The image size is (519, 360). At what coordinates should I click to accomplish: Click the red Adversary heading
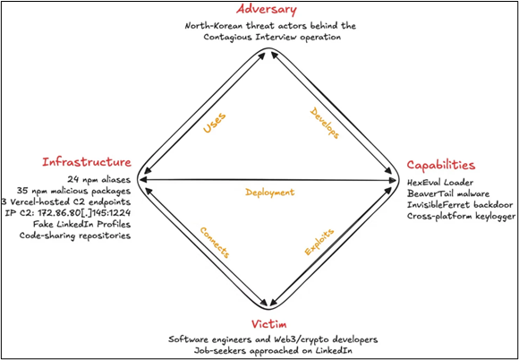pos(267,10)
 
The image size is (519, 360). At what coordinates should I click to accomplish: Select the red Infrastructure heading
pos(87,162)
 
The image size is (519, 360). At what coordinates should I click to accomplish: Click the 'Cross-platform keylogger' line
pos(457,217)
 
